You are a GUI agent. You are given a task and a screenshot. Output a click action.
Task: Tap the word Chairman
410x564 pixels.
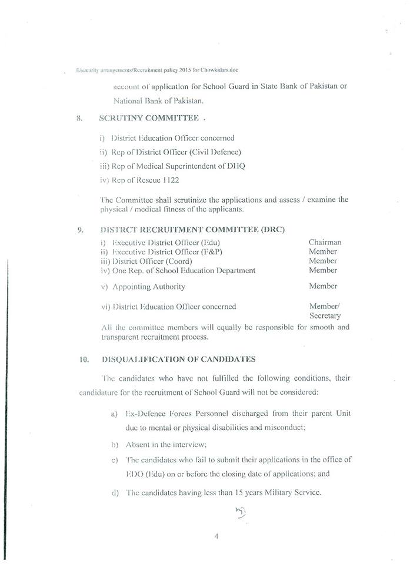click(325, 242)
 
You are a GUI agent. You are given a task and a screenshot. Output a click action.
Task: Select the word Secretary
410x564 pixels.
click(325, 315)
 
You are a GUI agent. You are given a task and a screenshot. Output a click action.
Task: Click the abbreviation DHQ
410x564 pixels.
click(235, 166)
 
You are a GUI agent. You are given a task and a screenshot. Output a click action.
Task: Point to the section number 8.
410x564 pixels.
click(79, 118)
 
